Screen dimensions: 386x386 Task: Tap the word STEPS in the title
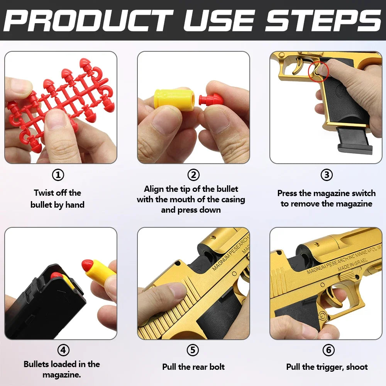pyautogui.click(x=323, y=20)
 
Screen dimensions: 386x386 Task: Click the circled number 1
pyautogui.click(x=58, y=175)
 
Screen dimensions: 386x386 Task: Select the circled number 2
pyautogui.click(x=193, y=175)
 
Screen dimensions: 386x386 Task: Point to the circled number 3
pyautogui.click(x=327, y=175)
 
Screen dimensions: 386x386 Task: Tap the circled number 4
pyautogui.click(x=63, y=350)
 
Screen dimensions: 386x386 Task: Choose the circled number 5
pyautogui.click(x=193, y=350)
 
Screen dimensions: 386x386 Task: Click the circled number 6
pyautogui.click(x=328, y=350)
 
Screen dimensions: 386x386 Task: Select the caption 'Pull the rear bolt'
pyautogui.click(x=193, y=367)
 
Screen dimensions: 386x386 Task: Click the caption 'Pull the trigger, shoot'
pyautogui.click(x=327, y=367)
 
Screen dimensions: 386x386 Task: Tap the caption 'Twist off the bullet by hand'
pyautogui.click(x=58, y=198)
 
